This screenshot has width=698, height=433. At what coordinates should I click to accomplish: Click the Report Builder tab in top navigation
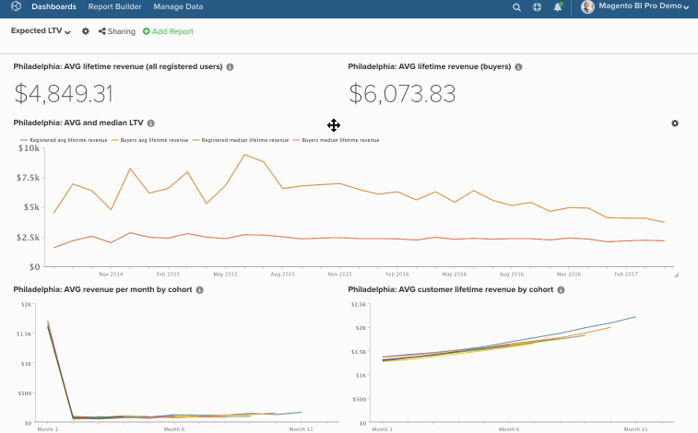pyautogui.click(x=114, y=6)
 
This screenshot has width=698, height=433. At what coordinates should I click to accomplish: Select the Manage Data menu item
pyautogui.click(x=179, y=6)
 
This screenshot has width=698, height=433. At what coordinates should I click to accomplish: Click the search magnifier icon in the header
pyautogui.click(x=517, y=7)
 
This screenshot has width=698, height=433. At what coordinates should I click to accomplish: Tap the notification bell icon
pyautogui.click(x=558, y=7)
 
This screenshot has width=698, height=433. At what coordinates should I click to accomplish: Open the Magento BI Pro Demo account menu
pyautogui.click(x=644, y=6)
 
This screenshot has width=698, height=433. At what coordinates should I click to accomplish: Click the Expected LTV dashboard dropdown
pyautogui.click(x=41, y=31)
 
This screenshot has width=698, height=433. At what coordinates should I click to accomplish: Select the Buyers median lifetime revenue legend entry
pyautogui.click(x=339, y=140)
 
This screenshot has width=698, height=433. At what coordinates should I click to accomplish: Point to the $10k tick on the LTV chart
pyautogui.click(x=28, y=147)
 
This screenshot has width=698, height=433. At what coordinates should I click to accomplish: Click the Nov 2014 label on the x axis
pyautogui.click(x=111, y=274)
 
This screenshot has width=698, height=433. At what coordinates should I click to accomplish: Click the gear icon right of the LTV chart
pyautogui.click(x=675, y=123)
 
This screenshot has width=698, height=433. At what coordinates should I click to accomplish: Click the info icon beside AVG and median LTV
pyautogui.click(x=151, y=123)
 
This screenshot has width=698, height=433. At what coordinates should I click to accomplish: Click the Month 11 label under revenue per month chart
pyautogui.click(x=301, y=428)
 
